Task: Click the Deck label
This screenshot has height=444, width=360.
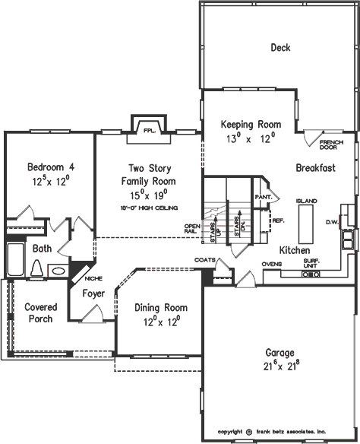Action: click(280, 48)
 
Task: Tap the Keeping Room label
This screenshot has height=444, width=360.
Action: click(251, 124)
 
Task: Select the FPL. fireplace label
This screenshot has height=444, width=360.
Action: click(150, 131)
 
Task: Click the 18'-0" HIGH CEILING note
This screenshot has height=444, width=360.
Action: click(149, 207)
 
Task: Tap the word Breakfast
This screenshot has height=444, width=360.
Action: click(316, 167)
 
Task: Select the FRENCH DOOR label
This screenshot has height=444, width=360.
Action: click(331, 145)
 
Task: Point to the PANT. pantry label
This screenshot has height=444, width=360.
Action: click(264, 196)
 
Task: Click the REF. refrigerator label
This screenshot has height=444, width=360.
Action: click(278, 221)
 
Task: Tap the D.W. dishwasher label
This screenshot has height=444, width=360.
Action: click(331, 222)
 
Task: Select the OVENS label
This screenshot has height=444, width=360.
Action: click(272, 264)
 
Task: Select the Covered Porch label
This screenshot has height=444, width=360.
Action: click(39, 312)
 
